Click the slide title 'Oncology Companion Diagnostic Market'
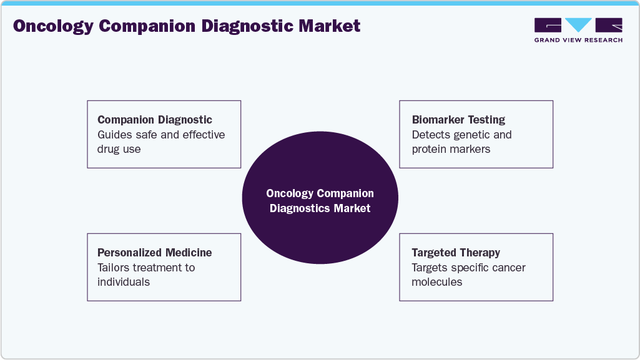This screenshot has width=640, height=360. [187, 26]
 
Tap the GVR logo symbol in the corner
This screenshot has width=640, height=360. [578, 26]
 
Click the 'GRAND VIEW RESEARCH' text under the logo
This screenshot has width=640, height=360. [578, 40]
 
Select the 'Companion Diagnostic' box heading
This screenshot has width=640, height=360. [155, 120]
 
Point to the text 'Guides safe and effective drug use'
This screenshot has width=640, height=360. [161, 142]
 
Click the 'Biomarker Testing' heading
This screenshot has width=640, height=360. [458, 120]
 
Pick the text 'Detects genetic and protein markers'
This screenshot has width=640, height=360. [461, 142]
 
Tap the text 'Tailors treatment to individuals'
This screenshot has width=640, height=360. [146, 275]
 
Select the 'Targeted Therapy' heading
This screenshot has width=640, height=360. [456, 253]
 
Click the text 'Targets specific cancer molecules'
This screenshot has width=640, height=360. [468, 275]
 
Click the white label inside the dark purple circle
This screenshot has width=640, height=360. [320, 201]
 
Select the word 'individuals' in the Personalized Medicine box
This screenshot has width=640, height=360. [124, 282]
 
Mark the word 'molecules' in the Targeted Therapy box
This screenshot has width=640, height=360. [437, 282]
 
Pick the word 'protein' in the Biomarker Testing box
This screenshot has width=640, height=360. [430, 149]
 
